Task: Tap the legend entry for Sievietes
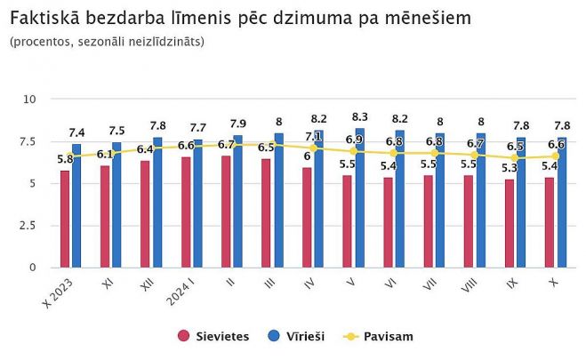[213, 336]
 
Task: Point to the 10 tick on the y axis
[28, 99]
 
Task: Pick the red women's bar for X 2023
[65, 219]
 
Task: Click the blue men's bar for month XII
[157, 202]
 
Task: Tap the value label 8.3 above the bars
[360, 116]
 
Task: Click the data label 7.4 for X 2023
[77, 132]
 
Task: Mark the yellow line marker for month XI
[111, 153]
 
